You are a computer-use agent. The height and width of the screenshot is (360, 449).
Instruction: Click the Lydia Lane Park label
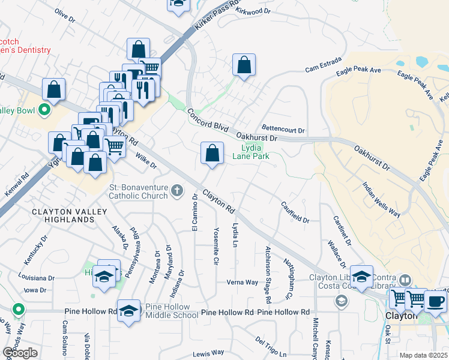pos(255,151)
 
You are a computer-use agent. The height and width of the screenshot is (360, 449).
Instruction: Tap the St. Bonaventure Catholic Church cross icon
pos(176,191)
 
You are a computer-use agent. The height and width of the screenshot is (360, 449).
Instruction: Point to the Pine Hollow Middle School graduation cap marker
pos(128,311)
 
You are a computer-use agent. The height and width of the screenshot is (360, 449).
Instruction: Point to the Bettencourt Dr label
pos(284,130)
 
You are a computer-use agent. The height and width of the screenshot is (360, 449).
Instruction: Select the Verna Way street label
pos(242,282)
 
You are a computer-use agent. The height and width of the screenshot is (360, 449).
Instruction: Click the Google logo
pos(19,353)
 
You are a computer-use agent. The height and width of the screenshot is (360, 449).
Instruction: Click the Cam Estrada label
pos(323,64)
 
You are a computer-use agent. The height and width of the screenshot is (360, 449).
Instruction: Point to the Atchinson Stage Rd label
pos(268,274)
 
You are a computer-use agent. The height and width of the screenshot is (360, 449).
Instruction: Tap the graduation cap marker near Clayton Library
pos(362,277)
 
